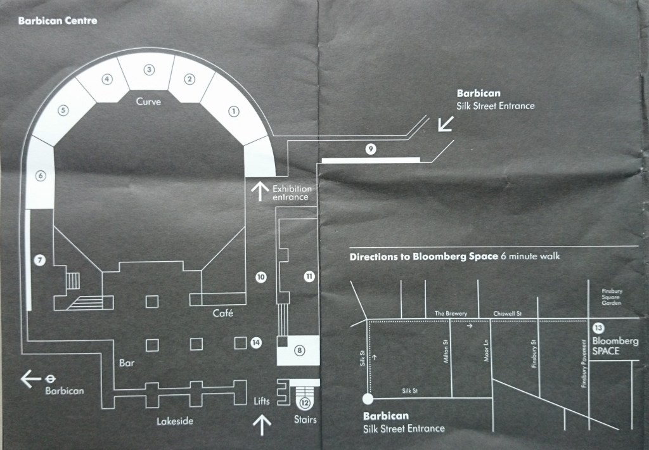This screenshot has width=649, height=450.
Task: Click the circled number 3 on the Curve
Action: click(x=149, y=70)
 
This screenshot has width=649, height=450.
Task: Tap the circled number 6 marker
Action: click(x=41, y=176)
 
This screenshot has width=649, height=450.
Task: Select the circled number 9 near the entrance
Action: click(x=371, y=149)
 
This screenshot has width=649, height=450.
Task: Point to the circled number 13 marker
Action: click(x=598, y=328)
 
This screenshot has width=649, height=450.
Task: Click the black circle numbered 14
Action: click(x=256, y=342)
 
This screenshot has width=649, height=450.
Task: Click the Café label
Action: click(x=223, y=312)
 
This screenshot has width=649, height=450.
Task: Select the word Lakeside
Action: click(x=175, y=421)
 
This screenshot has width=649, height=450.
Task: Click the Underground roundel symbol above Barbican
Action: click(x=49, y=378)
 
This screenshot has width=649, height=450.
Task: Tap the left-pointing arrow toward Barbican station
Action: click(x=30, y=379)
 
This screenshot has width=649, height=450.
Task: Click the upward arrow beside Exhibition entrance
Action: click(x=259, y=191)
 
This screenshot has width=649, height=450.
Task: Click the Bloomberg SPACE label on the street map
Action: click(x=615, y=345)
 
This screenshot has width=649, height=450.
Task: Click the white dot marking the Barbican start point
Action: click(x=367, y=399)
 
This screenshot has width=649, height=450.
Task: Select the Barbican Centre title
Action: click(x=58, y=20)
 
